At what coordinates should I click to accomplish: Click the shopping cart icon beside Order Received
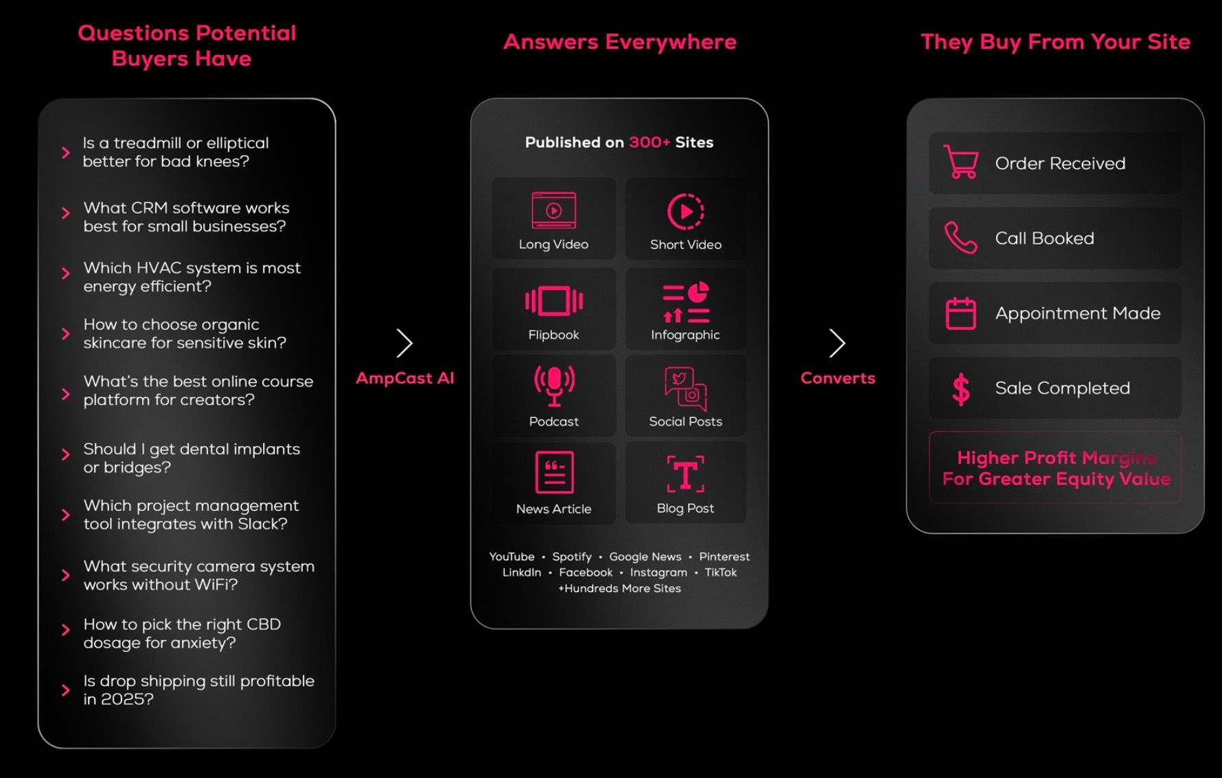(x=960, y=162)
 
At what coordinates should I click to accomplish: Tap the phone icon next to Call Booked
(x=960, y=238)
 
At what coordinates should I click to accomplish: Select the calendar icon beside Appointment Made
(x=960, y=314)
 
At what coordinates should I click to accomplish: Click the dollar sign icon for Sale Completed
(x=961, y=389)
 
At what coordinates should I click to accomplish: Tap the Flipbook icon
(x=554, y=301)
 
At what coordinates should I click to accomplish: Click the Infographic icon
(x=686, y=302)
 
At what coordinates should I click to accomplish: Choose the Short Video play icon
(x=686, y=211)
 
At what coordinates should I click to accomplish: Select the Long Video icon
(x=554, y=211)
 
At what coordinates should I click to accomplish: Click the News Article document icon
(x=554, y=472)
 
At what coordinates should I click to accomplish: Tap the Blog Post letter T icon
(x=686, y=473)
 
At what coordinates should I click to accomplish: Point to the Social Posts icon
(x=686, y=388)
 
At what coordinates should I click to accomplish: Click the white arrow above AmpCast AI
(x=404, y=343)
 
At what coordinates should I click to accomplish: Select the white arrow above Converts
(x=837, y=343)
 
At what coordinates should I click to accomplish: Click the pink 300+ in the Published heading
(x=649, y=142)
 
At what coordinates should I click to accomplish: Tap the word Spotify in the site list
(x=572, y=556)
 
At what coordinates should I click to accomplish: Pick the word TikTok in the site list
(x=720, y=572)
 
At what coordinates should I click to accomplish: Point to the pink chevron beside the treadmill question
(x=66, y=152)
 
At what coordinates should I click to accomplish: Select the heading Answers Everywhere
(x=620, y=42)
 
